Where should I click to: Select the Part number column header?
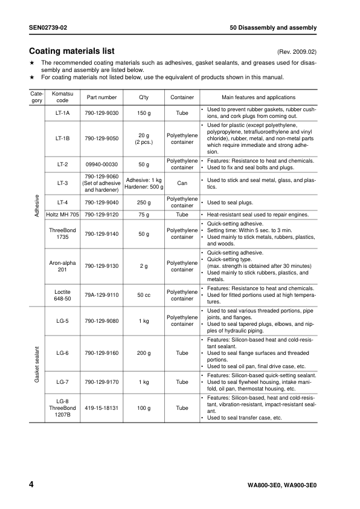pos(101,97)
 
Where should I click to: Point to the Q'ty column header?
pos(144,97)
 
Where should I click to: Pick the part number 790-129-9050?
pos(101,138)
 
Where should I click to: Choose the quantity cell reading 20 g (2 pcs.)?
pos(144,138)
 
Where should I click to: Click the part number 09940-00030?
pos(101,164)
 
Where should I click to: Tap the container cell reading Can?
pos(182,183)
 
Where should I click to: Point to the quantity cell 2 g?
pos(144,265)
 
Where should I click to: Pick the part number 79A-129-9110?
pos(101,294)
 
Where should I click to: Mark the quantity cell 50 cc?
pos(144,294)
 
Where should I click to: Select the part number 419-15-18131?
pos(101,408)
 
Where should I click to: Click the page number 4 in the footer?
pos(31,484)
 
